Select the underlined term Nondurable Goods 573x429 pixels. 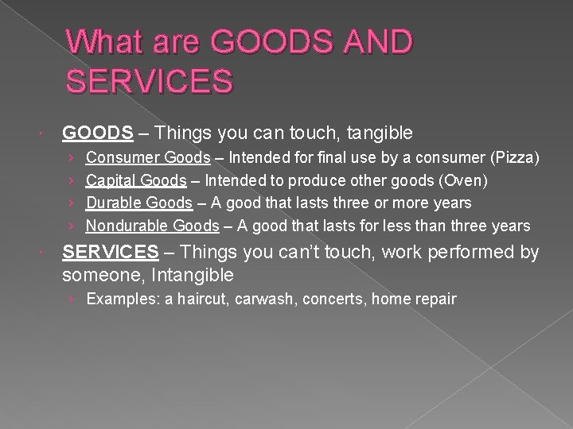click(x=152, y=226)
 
